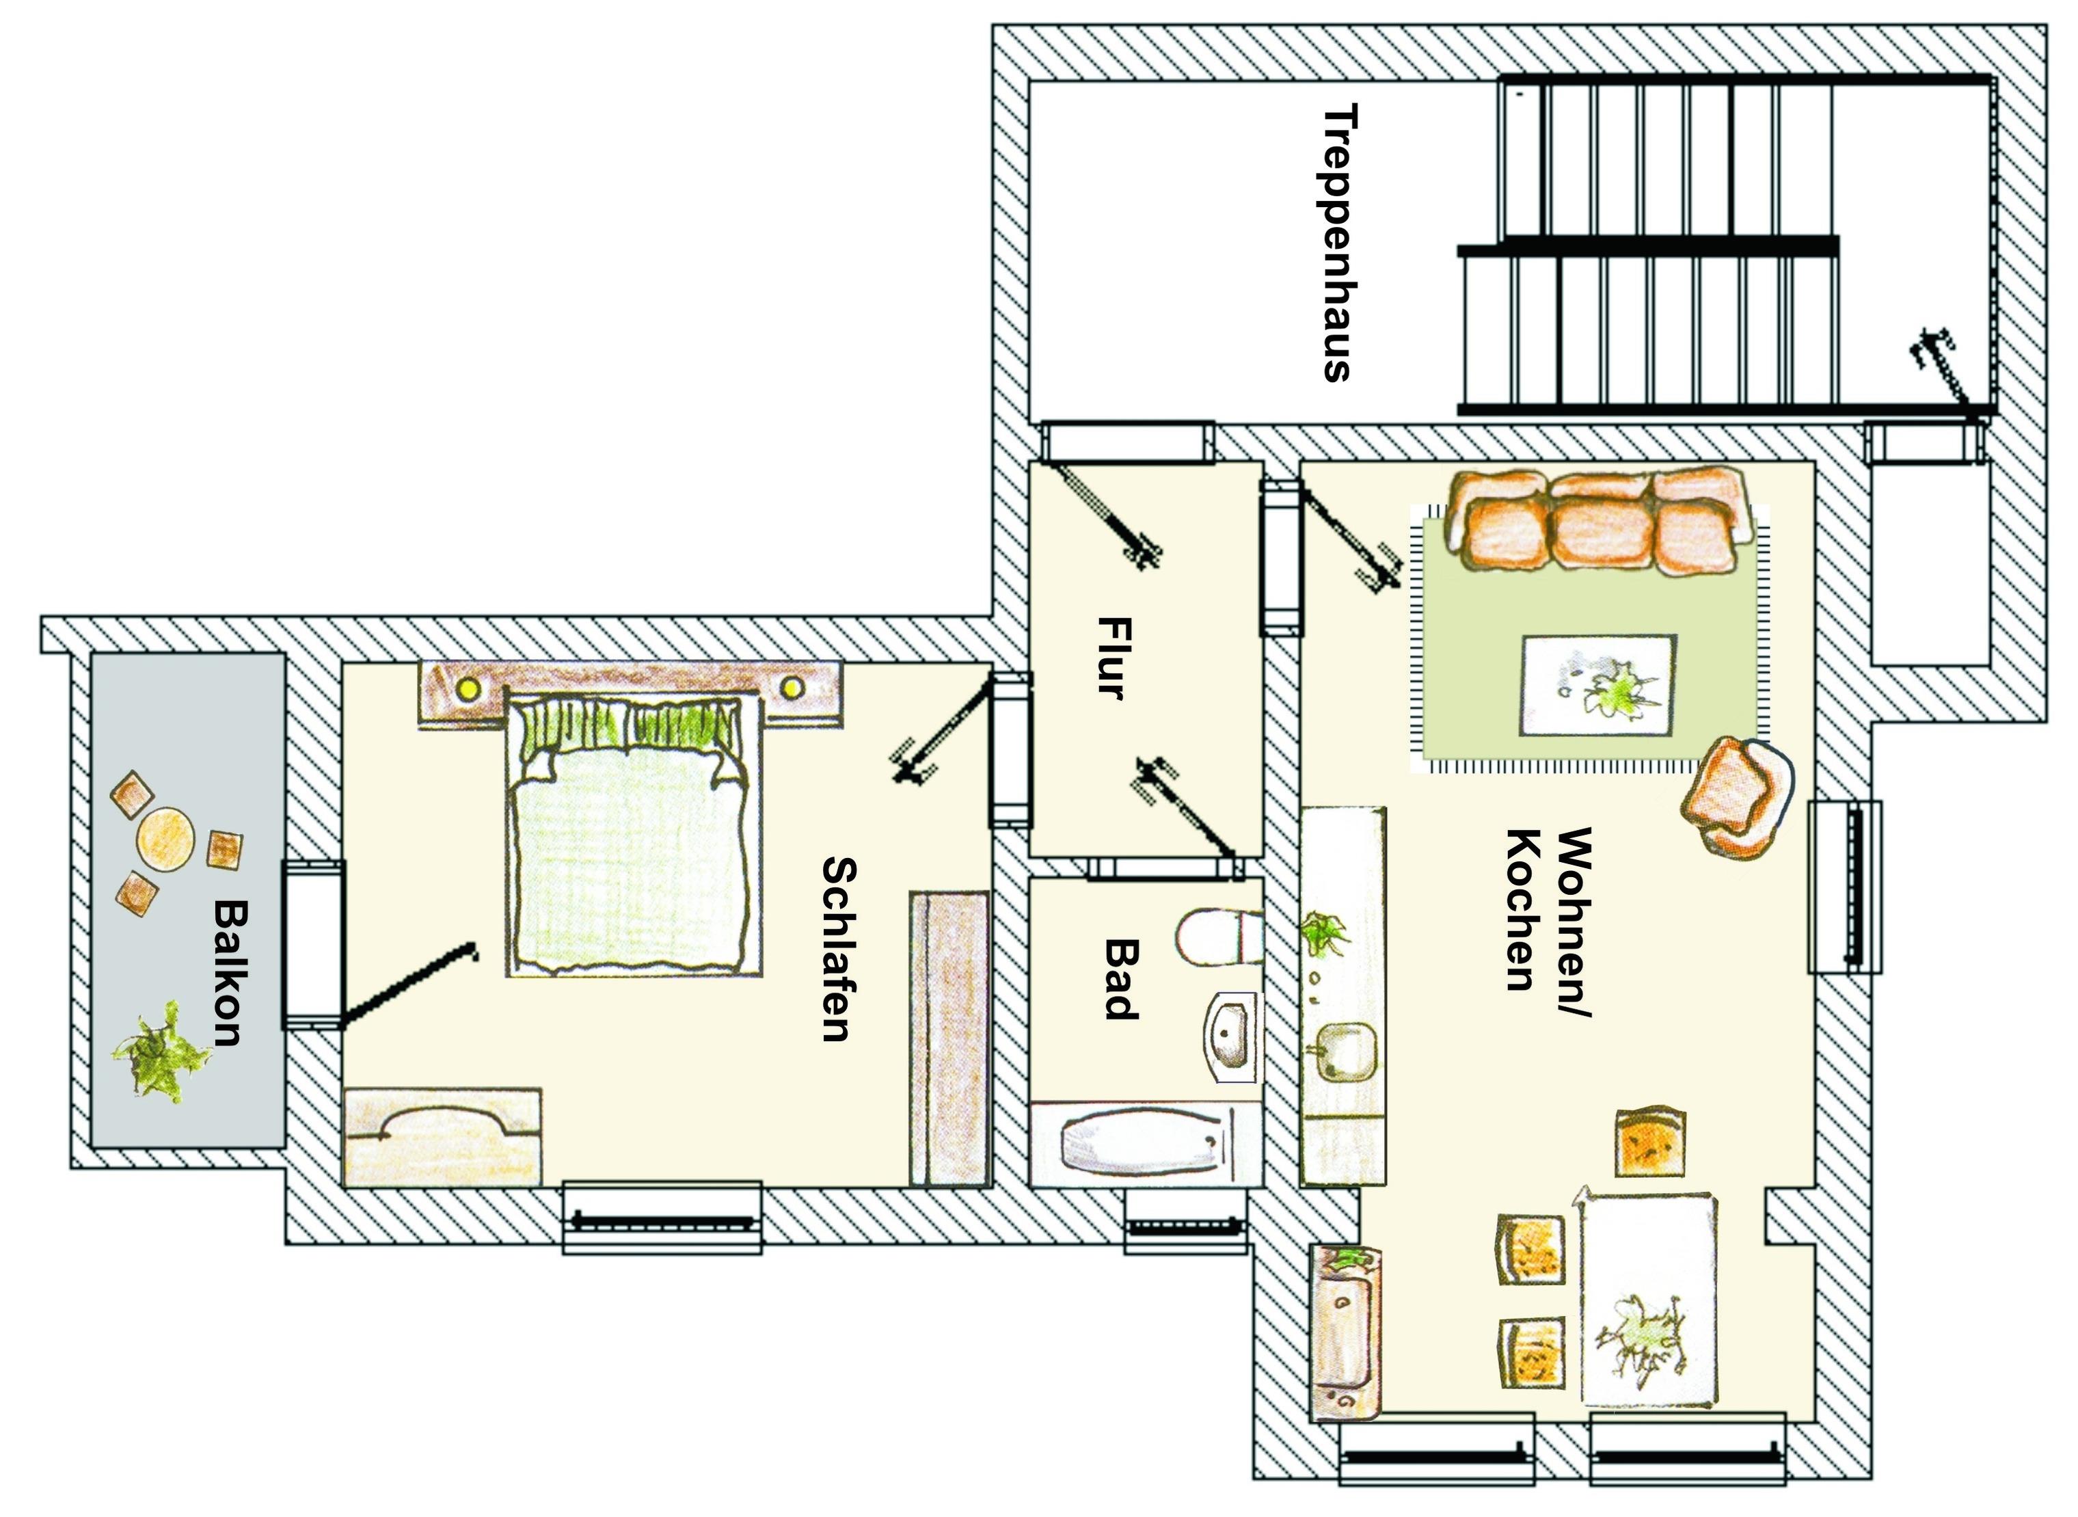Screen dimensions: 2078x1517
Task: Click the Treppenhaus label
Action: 1337,243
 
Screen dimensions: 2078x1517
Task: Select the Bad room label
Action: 1120,980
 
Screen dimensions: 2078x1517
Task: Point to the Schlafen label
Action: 838,950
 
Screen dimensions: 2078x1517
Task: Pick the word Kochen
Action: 1522,911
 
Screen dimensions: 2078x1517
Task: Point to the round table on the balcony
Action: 165,837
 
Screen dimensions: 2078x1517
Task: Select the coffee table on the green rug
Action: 1597,684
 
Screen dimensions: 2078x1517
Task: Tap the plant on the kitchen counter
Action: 1324,931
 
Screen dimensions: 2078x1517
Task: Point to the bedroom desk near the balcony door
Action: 442,1137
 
